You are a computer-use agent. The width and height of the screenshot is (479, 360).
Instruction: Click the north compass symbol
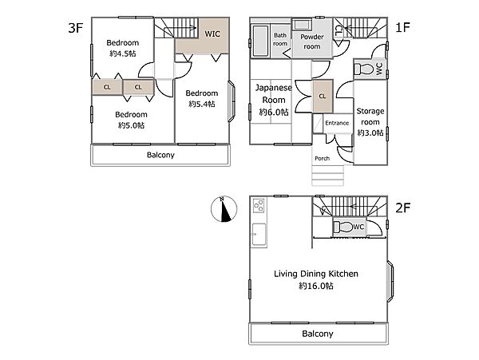(224, 209)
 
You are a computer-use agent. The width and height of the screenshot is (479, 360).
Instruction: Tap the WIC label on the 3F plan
(212, 34)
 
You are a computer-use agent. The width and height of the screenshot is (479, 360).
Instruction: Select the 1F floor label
(402, 27)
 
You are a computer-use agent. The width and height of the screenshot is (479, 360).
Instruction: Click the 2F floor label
(402, 208)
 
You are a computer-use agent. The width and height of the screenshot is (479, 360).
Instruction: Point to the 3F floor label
(76, 28)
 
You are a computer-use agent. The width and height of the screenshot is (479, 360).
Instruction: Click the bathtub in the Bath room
(260, 41)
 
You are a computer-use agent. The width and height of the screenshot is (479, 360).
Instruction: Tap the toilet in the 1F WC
(364, 69)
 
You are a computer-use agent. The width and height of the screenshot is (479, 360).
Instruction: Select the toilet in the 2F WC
(342, 227)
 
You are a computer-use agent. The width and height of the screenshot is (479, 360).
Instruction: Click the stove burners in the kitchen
(259, 205)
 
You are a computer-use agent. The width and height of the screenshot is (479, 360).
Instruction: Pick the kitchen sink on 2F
(259, 234)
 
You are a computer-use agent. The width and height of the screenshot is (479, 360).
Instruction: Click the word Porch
(322, 158)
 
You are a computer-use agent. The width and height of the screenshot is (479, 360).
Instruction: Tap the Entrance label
(337, 123)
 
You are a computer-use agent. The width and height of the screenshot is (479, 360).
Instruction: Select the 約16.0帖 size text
(316, 286)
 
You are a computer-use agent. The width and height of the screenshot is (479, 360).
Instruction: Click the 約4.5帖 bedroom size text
(123, 53)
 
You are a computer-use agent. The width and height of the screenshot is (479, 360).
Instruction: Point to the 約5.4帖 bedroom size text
(202, 104)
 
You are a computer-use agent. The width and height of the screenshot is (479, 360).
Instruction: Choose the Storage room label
(370, 117)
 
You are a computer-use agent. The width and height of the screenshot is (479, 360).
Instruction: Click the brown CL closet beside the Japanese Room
(323, 96)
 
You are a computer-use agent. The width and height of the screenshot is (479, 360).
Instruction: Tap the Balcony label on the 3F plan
(160, 155)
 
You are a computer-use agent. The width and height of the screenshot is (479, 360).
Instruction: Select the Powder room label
(312, 42)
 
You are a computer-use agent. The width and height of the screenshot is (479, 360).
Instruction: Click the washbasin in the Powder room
(302, 25)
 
